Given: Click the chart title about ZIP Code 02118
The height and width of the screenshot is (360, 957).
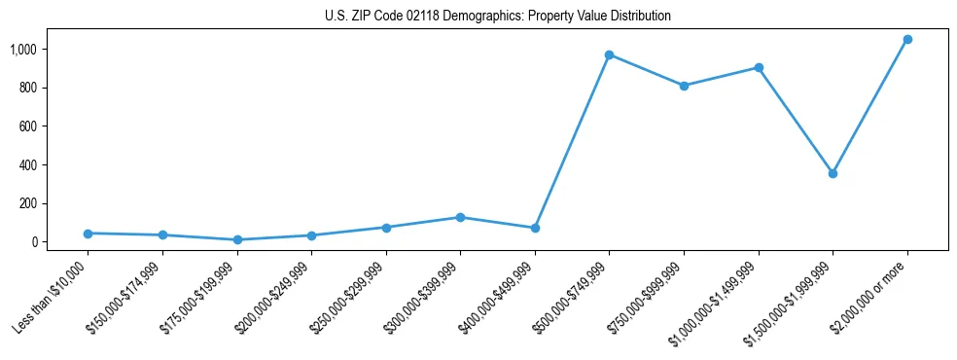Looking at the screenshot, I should point(498,17).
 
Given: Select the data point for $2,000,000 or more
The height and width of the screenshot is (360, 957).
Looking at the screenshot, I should point(907,39).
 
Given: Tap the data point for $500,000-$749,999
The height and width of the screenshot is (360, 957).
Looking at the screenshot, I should point(609,54).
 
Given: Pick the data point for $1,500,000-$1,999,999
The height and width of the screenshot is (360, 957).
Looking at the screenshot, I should point(833,173).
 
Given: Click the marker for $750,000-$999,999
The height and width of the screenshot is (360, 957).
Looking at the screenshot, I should point(684,86).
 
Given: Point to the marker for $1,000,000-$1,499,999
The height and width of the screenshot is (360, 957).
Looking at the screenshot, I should point(759,68).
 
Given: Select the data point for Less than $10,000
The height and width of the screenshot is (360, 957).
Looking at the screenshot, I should point(88,234).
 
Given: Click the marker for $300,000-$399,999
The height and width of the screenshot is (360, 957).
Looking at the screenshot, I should point(460,217).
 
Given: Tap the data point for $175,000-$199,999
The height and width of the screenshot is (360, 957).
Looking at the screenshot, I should point(237,239).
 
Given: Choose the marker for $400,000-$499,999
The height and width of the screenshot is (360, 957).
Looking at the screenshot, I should point(535,228).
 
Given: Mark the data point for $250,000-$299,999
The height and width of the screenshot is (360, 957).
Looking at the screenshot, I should point(386,228).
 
